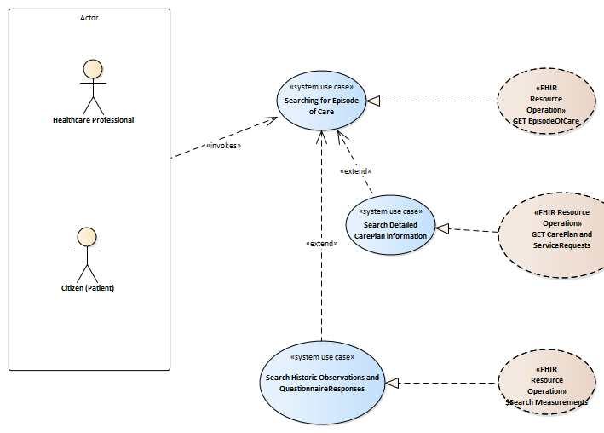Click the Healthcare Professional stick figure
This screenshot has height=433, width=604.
[x=93, y=86]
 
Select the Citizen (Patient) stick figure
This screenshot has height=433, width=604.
[x=84, y=255]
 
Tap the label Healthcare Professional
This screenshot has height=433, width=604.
[x=93, y=120]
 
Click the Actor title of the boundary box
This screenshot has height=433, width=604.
[x=89, y=18]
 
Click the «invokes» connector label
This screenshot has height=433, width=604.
[x=224, y=145]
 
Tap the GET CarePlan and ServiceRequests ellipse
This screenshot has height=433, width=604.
[x=550, y=229]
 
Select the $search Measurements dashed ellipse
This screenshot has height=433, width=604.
[x=546, y=384]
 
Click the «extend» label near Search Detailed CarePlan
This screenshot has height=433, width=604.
[x=355, y=170]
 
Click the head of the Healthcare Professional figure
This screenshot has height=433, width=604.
[x=93, y=69]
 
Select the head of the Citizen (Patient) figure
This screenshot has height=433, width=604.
[x=84, y=237]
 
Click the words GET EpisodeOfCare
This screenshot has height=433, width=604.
[x=546, y=122]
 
